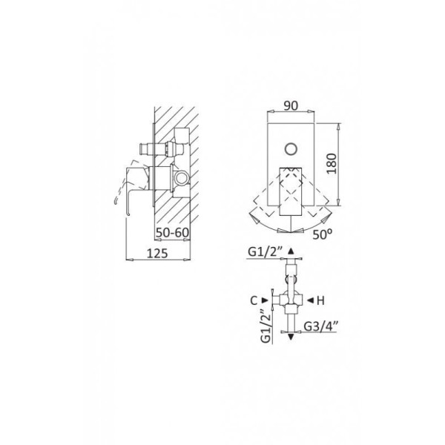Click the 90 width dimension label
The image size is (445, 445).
pos(291,105)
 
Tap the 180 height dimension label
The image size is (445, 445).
pos(332,164)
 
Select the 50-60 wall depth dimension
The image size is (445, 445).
pos(172,233)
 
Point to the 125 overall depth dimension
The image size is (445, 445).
pos(157,253)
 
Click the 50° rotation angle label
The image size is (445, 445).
pos(323,234)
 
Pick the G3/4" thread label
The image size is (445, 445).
pos(320,326)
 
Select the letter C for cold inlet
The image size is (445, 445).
pos(254,300)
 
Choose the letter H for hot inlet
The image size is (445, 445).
pos(320,300)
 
